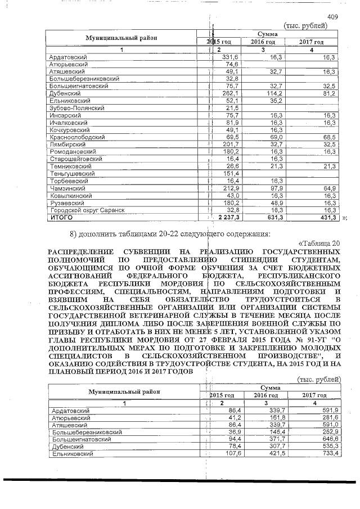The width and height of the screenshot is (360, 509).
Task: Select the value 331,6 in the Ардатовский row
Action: (x=231, y=58)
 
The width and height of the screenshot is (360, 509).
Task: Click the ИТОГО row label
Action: (x=58, y=217)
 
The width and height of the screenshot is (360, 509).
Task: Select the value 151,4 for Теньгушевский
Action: (x=231, y=174)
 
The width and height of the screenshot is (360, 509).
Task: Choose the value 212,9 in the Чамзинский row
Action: (x=231, y=188)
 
